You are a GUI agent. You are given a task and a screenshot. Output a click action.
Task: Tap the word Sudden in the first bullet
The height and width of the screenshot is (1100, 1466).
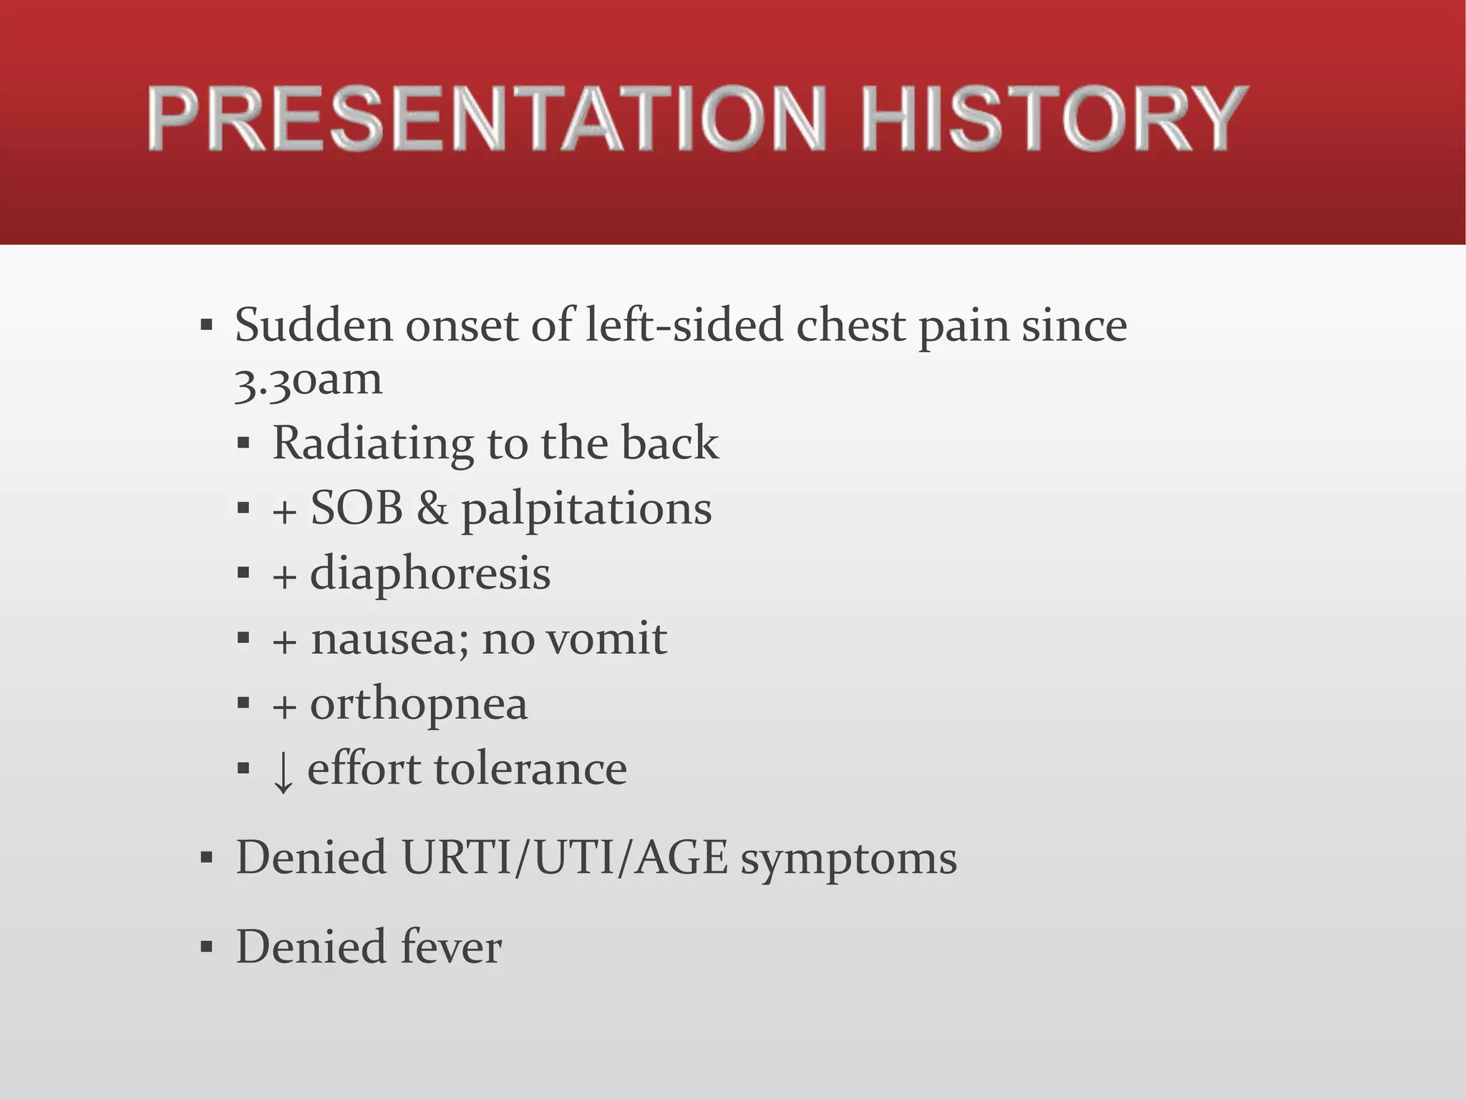point(314,325)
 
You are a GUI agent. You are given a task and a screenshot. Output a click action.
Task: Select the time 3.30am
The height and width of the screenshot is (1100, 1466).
point(309,380)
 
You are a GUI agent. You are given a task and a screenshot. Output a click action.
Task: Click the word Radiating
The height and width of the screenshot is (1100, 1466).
point(373,443)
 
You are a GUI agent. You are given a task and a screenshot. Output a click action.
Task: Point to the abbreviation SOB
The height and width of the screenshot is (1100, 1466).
point(356,508)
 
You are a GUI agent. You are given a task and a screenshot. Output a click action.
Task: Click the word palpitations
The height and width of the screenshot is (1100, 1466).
point(586,510)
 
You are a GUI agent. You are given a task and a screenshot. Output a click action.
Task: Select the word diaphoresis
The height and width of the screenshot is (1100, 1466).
point(429,574)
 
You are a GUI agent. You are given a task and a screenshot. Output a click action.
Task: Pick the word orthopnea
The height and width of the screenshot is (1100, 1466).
point(419,705)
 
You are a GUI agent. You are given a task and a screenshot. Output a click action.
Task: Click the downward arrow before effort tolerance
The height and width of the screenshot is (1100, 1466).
point(283,772)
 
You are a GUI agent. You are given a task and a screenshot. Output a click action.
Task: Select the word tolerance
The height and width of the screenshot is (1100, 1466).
point(530,769)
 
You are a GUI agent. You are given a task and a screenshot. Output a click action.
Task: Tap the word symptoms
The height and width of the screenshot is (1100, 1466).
point(848,859)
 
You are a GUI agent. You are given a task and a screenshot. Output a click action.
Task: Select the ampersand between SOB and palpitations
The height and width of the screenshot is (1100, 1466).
point(432,508)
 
